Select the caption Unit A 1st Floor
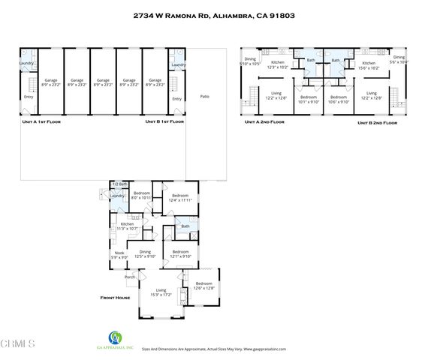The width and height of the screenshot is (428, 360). (41, 121)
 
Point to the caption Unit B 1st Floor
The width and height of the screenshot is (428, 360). (166, 121)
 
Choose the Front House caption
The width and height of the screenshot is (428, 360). (116, 298)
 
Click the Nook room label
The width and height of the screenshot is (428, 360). (119, 254)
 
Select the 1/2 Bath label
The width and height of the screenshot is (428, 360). (119, 184)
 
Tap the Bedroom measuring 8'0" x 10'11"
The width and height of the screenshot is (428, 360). (142, 196)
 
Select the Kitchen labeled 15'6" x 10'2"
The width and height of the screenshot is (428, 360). (369, 64)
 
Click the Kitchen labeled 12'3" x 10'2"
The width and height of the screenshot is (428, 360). (278, 64)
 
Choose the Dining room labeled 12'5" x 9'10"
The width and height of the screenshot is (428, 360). (145, 254)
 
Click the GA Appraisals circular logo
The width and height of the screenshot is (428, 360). (114, 337)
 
